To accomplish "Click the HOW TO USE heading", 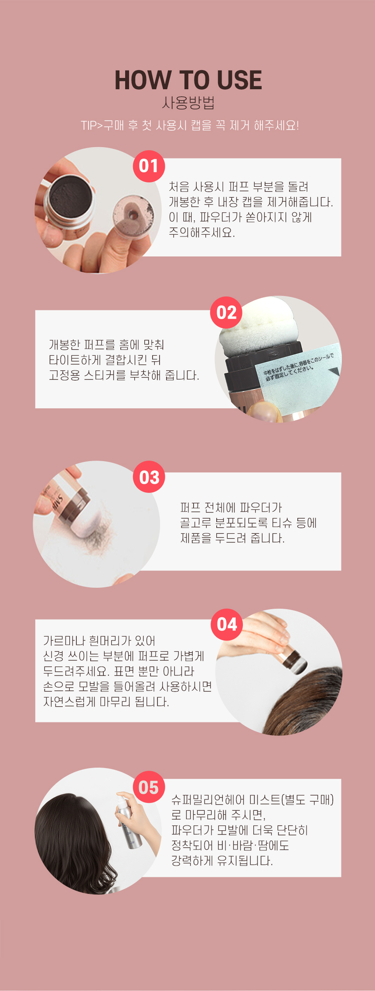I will point(188,81).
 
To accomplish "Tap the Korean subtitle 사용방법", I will point(188,103).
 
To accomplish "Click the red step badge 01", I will point(149,166).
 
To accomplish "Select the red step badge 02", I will point(226,313).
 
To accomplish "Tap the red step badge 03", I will point(149,477).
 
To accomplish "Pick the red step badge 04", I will point(227,624).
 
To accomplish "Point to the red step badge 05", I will point(149,787).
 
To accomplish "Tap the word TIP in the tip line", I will point(89,126).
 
